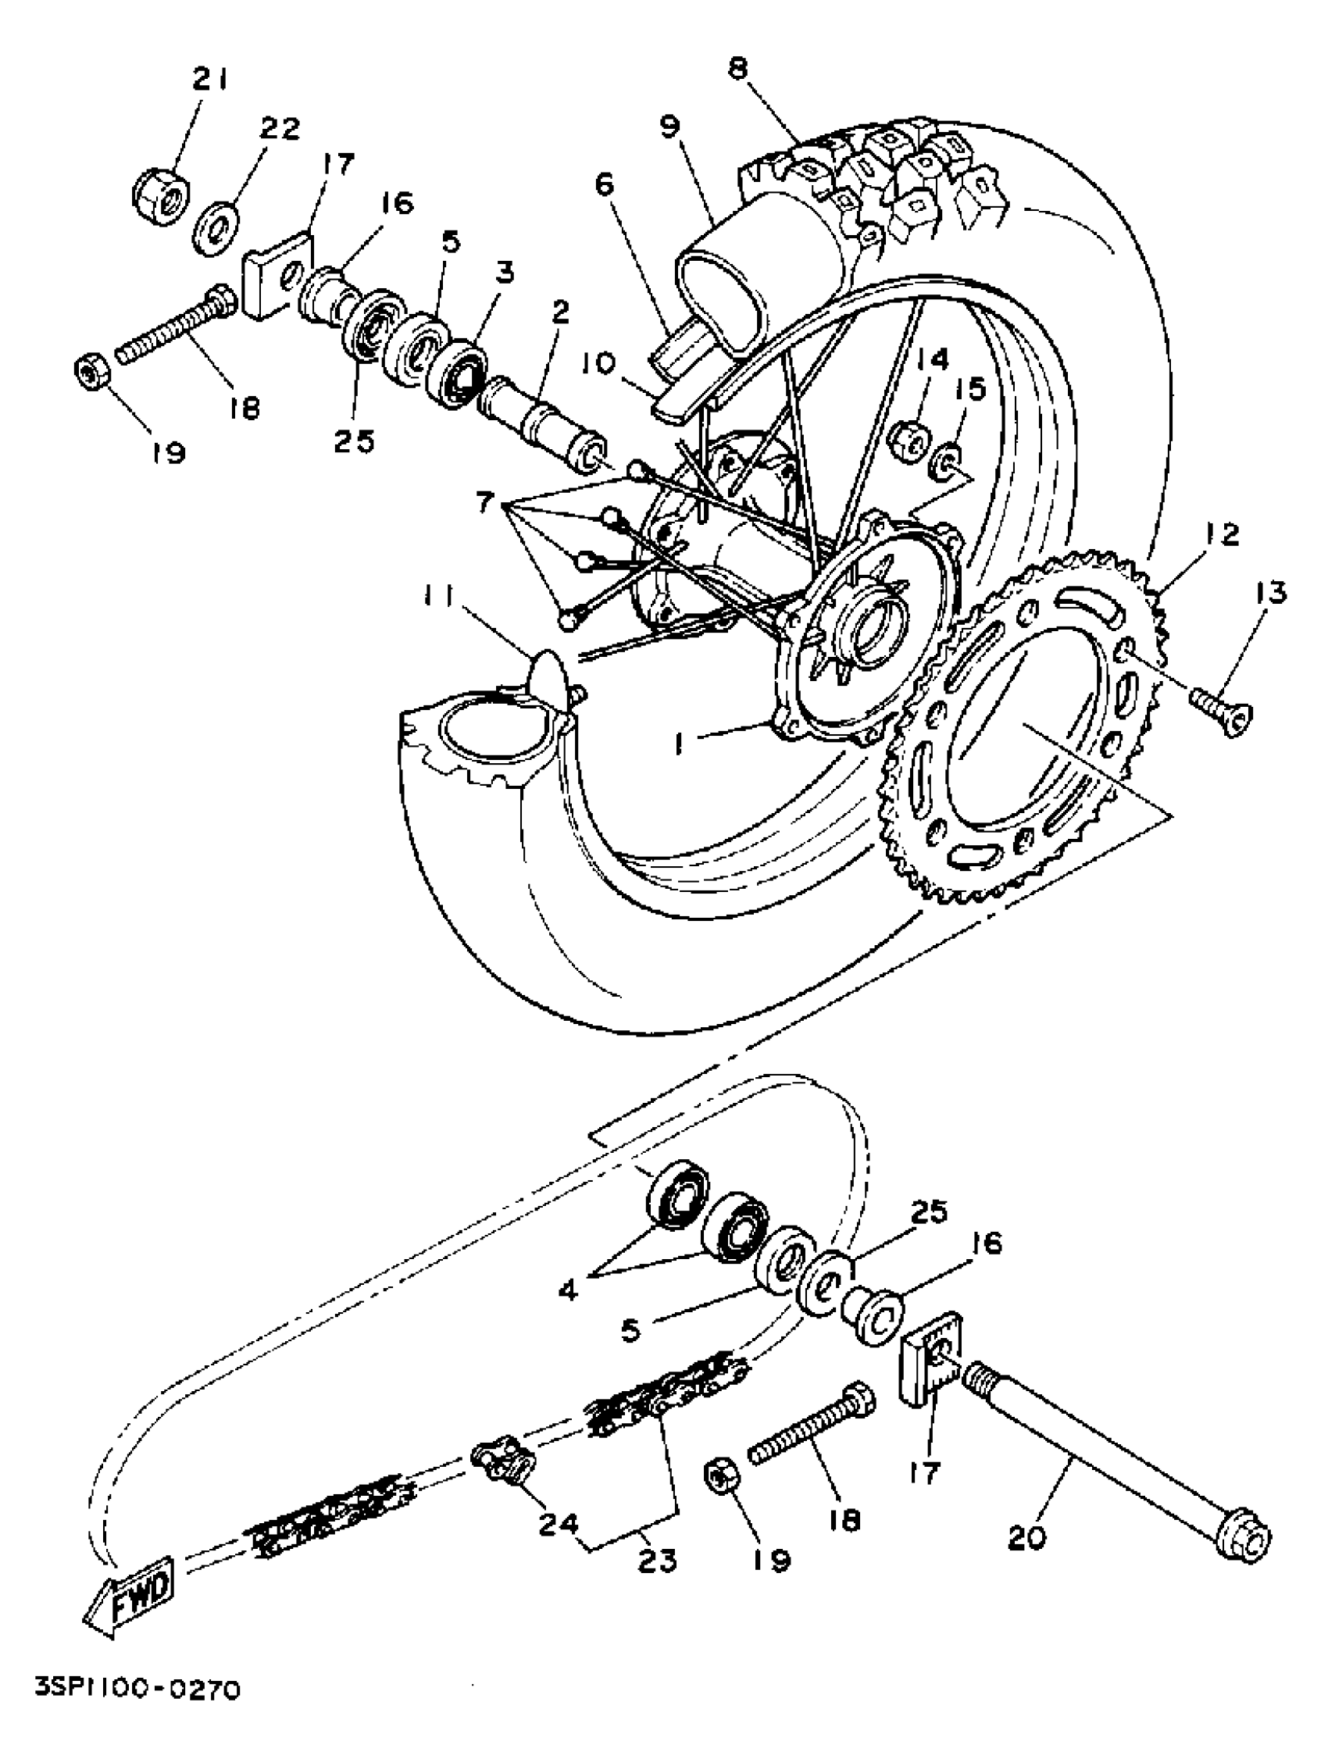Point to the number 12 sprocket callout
click(1222, 535)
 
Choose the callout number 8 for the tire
click(737, 70)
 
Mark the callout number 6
click(605, 187)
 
